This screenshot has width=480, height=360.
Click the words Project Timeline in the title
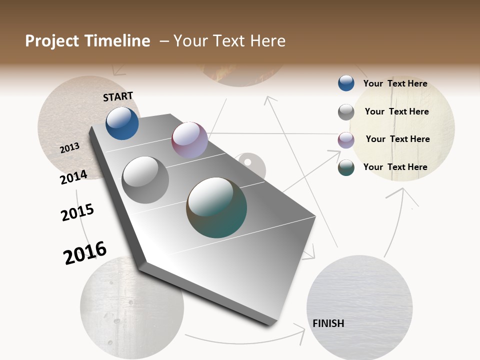pos(87,41)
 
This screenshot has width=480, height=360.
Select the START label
pos(118,96)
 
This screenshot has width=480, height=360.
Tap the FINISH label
pos(328,323)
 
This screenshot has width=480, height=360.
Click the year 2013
pos(69,148)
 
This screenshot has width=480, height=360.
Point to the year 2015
pos(77,212)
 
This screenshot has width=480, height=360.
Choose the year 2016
pos(85,252)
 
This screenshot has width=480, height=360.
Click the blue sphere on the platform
pos(122,123)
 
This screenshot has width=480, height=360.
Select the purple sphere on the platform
pos(189,140)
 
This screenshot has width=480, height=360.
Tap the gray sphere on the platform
pos(145,180)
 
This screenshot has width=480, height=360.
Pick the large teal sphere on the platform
pos(216,207)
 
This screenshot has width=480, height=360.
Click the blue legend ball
pos(346,83)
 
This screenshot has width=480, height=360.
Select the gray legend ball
pos(346,112)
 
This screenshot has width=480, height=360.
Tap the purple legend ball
pos(346,140)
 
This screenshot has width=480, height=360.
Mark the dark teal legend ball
pos(346,167)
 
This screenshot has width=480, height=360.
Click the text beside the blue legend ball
pos(395,83)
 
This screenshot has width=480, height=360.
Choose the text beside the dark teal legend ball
pos(395,167)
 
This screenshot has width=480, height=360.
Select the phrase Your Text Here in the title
pos(229,41)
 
